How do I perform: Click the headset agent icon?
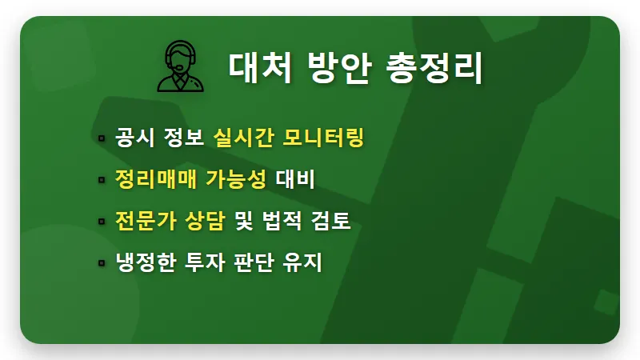coord(180,66)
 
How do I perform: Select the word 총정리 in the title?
coord(433,67)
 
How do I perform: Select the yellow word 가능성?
coord(236,179)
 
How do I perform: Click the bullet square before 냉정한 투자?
coord(102,262)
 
